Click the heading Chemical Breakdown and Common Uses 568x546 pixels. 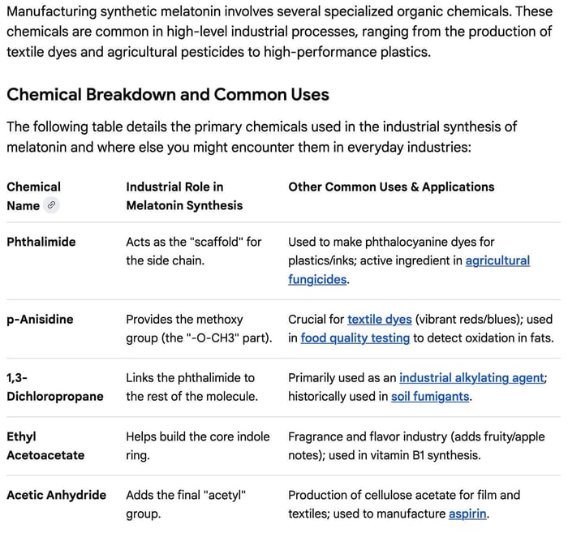[167, 94]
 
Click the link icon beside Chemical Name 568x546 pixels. [51, 205]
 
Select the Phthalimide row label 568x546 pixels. [41, 242]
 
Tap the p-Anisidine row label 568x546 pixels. [40, 320]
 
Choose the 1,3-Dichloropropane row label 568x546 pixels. [54, 387]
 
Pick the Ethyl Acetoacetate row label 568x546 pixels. [45, 446]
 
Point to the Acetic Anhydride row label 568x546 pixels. [56, 495]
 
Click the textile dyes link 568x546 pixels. [379, 320]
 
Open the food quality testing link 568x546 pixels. [355, 338]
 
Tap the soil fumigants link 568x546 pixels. [430, 397]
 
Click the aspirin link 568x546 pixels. [467, 514]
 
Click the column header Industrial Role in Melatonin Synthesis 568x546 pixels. [184, 196]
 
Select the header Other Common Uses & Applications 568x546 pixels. [391, 187]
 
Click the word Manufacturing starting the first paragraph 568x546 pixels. [50, 12]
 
